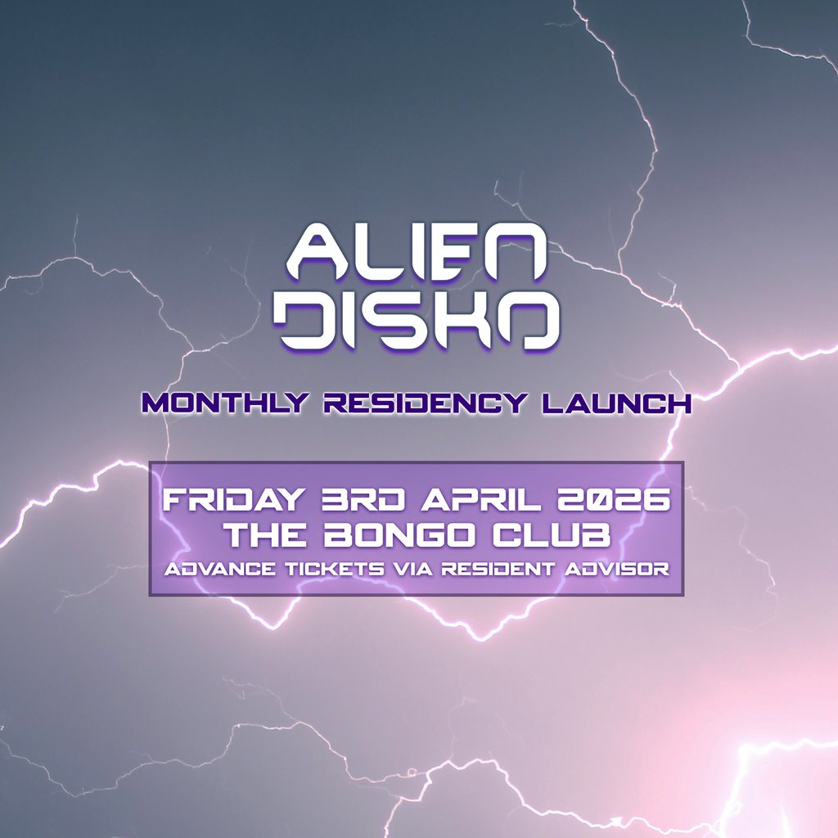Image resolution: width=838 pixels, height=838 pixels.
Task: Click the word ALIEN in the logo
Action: [418, 250]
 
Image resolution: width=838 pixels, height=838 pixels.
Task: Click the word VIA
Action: [412, 569]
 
